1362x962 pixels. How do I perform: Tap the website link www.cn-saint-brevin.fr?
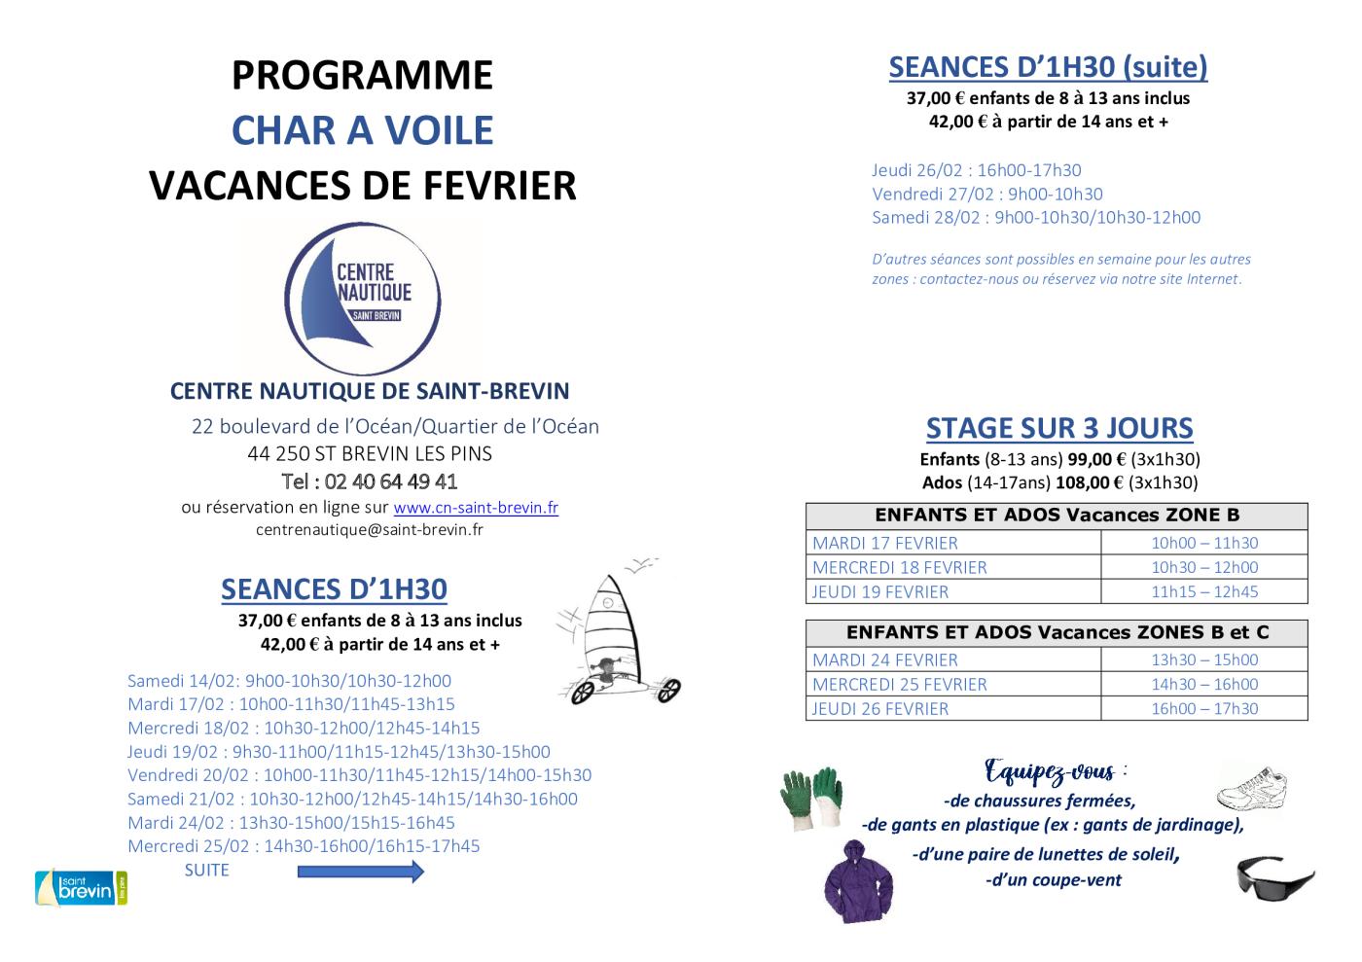(476, 508)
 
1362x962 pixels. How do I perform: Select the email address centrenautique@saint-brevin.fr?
(370, 530)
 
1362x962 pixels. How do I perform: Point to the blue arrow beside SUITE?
(360, 872)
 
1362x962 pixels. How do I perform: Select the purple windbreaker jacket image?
(859, 880)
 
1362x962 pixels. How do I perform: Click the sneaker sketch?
(1253, 787)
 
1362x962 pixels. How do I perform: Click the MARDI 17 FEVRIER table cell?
(885, 543)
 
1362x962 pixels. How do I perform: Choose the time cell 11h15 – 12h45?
(1204, 591)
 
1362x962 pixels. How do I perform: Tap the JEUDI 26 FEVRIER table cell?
(880, 708)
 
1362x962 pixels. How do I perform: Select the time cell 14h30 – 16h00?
(1204, 684)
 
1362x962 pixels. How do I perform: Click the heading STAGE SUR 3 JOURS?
(1059, 428)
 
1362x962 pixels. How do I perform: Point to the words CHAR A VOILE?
(362, 130)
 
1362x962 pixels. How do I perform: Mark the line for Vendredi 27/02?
(986, 194)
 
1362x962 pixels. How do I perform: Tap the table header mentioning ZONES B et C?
(1057, 632)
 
